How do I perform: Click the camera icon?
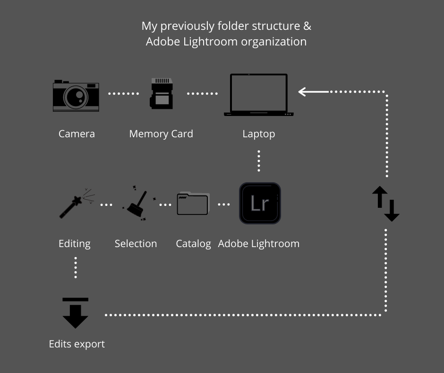point(76,96)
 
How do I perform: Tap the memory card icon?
point(161,94)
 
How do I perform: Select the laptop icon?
point(258,95)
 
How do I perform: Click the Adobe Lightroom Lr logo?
point(260,204)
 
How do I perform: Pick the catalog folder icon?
point(193,204)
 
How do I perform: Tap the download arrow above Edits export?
point(76,313)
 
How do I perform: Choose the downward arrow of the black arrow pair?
point(392,211)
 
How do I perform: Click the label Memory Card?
point(161,134)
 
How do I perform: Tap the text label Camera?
point(77,134)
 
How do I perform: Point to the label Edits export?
point(77,344)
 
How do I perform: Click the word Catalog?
point(193,244)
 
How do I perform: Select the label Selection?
point(136,244)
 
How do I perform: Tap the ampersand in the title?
point(307,26)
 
